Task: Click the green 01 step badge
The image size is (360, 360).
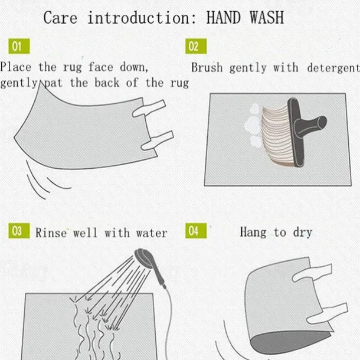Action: point(19,46)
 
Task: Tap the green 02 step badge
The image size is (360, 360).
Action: point(196,46)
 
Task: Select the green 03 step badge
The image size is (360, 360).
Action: point(19,231)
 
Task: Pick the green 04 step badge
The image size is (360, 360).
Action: point(196,231)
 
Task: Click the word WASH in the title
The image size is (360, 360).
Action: point(267,18)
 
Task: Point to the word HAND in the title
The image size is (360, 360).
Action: point(224,18)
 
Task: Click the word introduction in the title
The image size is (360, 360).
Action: point(142,18)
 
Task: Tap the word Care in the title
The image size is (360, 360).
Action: point(60,18)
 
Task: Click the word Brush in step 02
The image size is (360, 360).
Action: point(207,67)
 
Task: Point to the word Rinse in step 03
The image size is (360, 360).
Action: point(51,233)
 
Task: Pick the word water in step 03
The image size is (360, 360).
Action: point(152,233)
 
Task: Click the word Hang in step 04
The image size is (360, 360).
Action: point(253,232)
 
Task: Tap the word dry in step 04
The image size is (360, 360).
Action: point(303,233)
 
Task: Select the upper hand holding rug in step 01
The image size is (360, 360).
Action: point(149,108)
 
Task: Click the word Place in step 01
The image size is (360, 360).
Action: point(15,67)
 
